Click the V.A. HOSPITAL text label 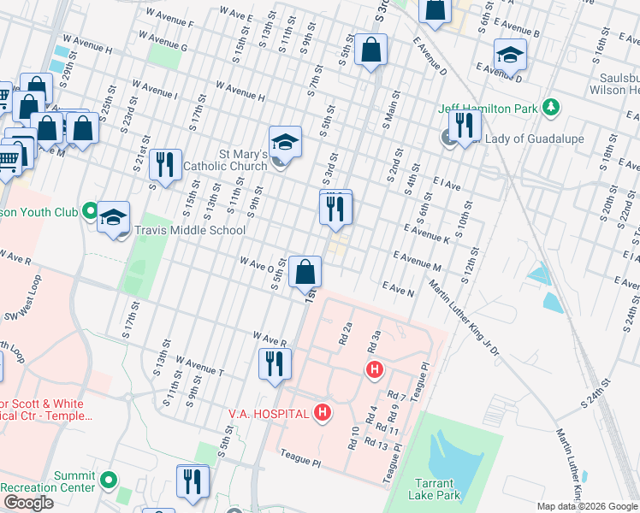tap(268, 414)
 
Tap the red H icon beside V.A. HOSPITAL tap(323, 414)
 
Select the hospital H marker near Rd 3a tap(374, 369)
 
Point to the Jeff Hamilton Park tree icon tap(552, 108)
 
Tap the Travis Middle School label tap(189, 230)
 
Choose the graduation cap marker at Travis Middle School tap(112, 217)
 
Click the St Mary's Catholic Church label tap(230, 160)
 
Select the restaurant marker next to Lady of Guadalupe tap(465, 126)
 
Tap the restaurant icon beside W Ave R tap(274, 363)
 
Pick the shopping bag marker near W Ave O tap(305, 271)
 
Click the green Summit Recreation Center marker tap(109, 481)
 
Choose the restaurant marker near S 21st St tap(165, 164)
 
